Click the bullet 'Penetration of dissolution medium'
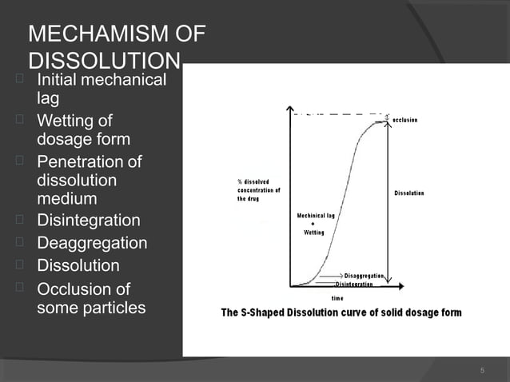pyautogui.click(x=89, y=181)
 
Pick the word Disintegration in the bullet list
pyautogui.click(x=89, y=221)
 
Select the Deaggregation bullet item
pyautogui.click(x=92, y=243)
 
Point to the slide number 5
pyautogui.click(x=482, y=370)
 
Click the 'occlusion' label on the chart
pyautogui.click(x=416, y=120)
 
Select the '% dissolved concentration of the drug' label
pyautogui.click(x=258, y=190)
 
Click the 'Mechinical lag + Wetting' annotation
pyautogui.click(x=315, y=224)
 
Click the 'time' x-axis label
pyautogui.click(x=337, y=297)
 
